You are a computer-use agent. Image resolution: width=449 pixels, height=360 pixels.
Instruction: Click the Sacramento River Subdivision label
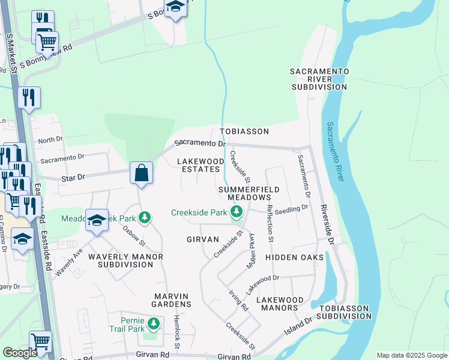pyautogui.click(x=319, y=79)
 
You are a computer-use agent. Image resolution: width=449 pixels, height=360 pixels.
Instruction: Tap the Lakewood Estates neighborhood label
pyautogui.click(x=200, y=166)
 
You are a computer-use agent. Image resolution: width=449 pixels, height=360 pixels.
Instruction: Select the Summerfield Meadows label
pyautogui.click(x=249, y=193)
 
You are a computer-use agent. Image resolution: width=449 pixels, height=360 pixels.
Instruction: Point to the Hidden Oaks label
pyautogui.click(x=294, y=257)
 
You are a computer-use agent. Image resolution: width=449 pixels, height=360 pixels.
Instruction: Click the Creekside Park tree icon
pyautogui.click(x=237, y=212)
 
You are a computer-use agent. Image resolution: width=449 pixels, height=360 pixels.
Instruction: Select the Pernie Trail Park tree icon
pyautogui.click(x=154, y=325)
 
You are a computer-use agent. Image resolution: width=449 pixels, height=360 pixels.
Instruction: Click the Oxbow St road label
pyautogui.click(x=134, y=236)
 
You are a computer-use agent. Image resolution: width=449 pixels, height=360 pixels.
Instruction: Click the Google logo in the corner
pyautogui.click(x=20, y=353)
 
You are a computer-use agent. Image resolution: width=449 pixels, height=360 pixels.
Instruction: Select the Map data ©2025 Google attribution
pyautogui.click(x=411, y=355)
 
